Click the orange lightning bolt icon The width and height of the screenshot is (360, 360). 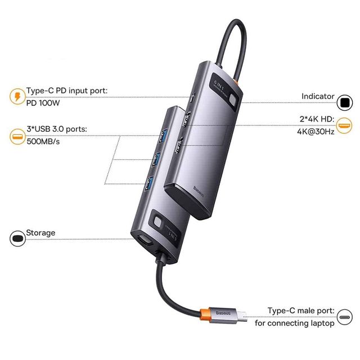(x=17, y=96)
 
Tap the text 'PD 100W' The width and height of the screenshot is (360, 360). (x=43, y=103)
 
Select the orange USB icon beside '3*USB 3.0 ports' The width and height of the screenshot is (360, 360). (x=17, y=137)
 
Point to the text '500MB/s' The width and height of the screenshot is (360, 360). (x=43, y=141)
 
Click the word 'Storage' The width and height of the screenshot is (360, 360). (x=40, y=233)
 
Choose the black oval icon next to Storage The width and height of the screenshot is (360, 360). (x=17, y=238)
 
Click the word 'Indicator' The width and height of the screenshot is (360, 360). (x=318, y=96)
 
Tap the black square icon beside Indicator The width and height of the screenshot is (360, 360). (x=345, y=102)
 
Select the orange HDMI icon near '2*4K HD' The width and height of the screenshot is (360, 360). (x=344, y=125)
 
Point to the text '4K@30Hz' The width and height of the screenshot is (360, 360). (x=316, y=132)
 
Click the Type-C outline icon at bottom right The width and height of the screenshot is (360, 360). (x=345, y=317)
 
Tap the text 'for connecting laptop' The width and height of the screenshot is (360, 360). (x=295, y=323)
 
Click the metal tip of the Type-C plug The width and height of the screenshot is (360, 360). (x=242, y=316)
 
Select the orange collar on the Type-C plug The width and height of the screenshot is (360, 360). (x=204, y=314)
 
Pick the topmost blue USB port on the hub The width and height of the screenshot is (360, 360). (x=164, y=136)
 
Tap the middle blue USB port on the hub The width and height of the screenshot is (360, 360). (x=156, y=159)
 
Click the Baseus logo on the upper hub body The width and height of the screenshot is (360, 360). (x=199, y=191)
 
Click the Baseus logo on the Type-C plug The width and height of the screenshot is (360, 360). (x=223, y=313)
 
